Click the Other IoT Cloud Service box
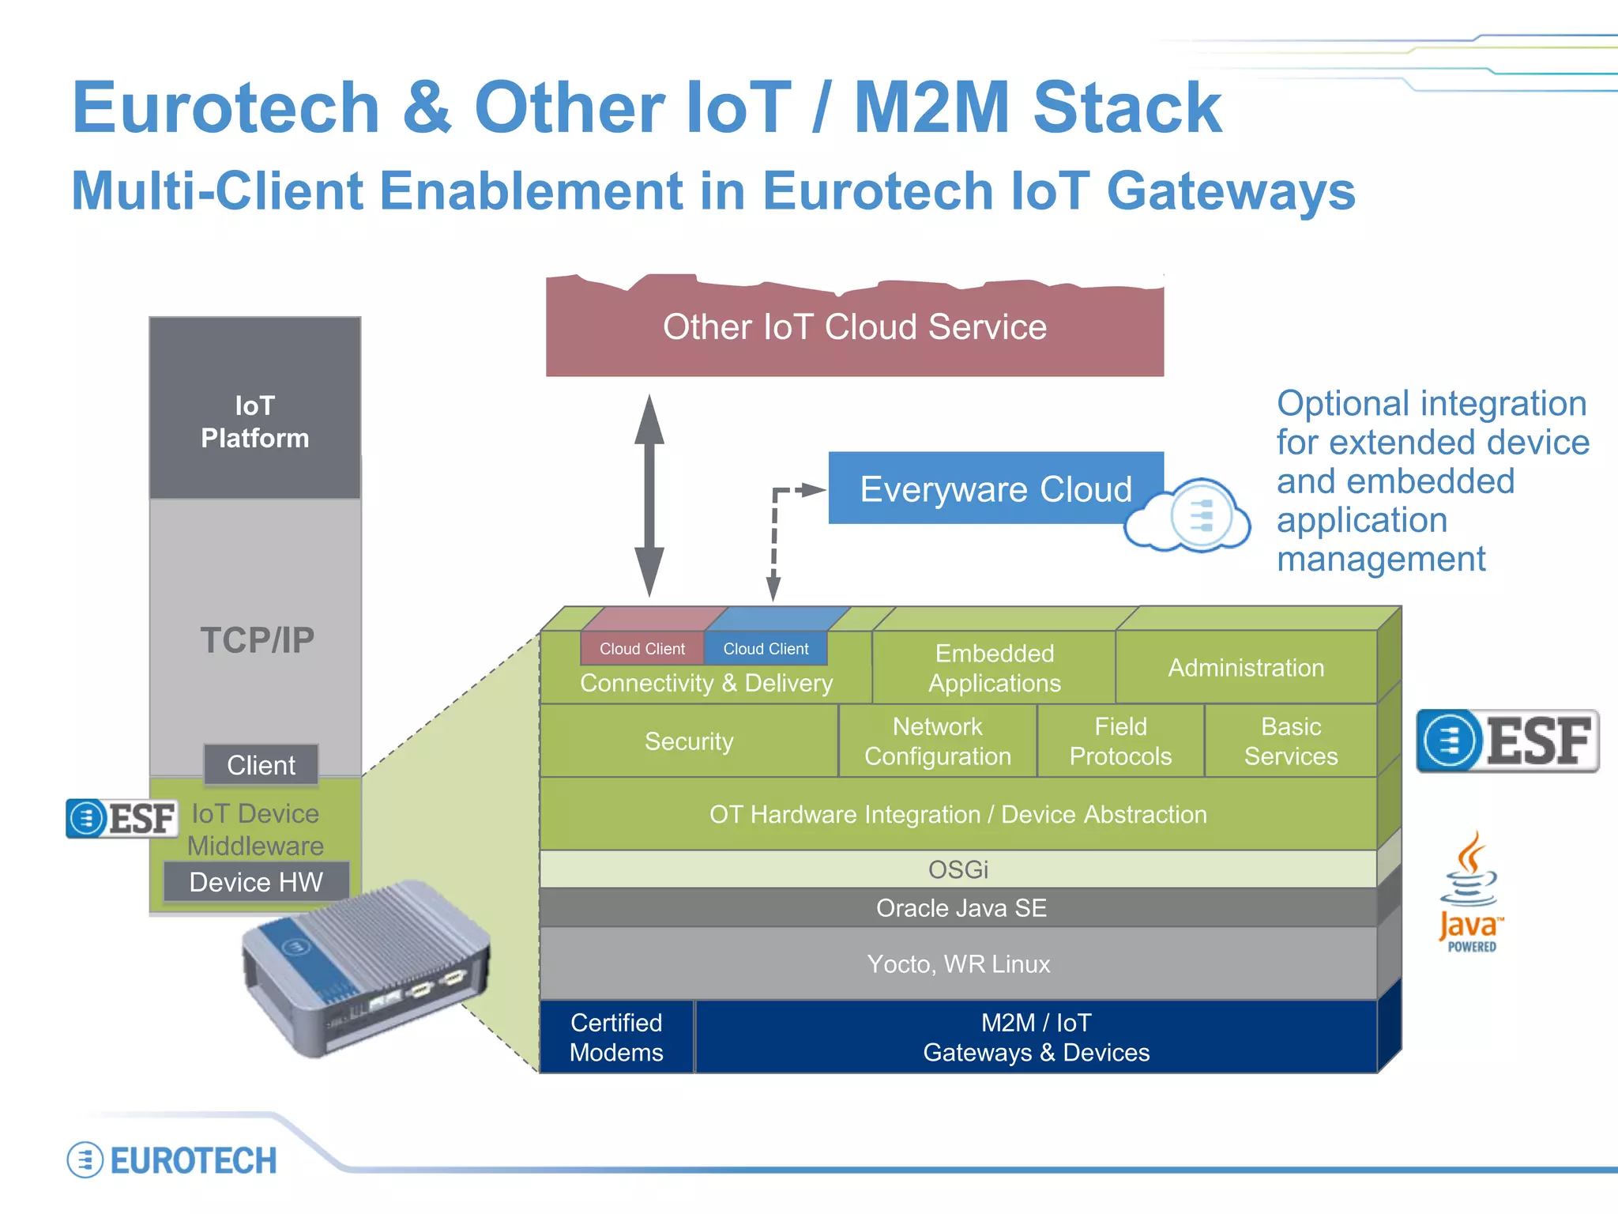854,327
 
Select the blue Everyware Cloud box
995,488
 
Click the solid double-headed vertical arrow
649,496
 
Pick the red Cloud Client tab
642,648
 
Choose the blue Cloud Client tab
766,648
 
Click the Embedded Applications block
994,668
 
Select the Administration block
1245,668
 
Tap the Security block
688,741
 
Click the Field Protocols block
1120,741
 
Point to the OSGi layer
958,869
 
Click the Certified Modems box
616,1037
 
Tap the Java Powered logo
1469,893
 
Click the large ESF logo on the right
1507,741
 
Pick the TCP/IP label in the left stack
257,639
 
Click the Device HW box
256,882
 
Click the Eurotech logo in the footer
172,1160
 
